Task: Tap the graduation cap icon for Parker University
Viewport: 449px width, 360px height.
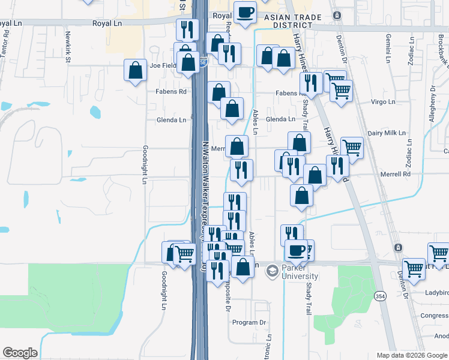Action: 272,271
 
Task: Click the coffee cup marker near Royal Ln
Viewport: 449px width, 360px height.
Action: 244,13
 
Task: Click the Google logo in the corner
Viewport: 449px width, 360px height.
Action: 20,353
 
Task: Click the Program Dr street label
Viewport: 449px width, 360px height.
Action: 249,322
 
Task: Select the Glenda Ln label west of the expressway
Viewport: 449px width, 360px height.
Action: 171,120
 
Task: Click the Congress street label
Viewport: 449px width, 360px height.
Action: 433,315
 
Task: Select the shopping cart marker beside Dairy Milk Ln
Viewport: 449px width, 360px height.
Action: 352,148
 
